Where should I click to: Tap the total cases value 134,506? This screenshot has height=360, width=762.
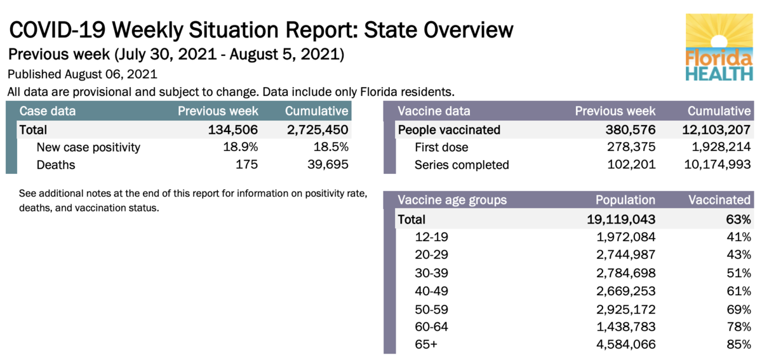click(x=233, y=130)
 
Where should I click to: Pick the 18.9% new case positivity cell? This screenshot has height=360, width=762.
click(x=242, y=147)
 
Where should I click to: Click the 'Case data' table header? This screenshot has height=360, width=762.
click(x=48, y=111)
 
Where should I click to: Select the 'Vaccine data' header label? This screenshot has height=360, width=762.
click(x=434, y=111)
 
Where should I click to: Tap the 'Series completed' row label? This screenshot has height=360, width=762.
click(x=462, y=165)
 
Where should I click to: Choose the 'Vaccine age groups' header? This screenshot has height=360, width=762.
click(x=452, y=200)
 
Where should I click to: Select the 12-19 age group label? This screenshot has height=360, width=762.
click(x=432, y=237)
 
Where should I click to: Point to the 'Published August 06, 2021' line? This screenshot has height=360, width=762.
click(x=82, y=74)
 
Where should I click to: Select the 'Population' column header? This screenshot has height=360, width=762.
click(x=625, y=200)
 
